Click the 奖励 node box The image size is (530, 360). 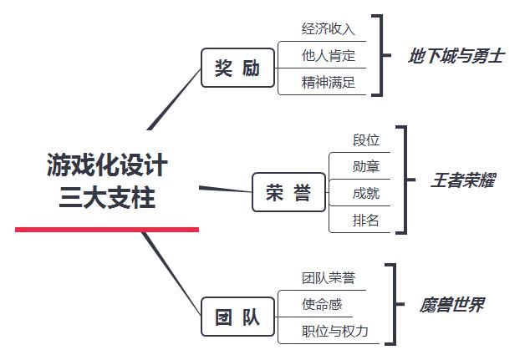pyautogui.click(x=238, y=68)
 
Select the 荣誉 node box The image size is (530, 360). pyautogui.click(x=288, y=193)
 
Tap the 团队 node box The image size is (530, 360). pyautogui.click(x=238, y=317)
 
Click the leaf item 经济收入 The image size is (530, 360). pyautogui.click(x=329, y=29)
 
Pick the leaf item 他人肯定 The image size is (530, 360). pyautogui.click(x=329, y=56)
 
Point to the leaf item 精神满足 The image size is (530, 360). pyautogui.click(x=329, y=83)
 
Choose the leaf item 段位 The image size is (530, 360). pyautogui.click(x=366, y=139)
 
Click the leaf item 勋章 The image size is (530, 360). pyautogui.click(x=366, y=166)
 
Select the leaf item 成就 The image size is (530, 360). pyautogui.click(x=366, y=193)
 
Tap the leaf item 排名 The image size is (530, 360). pyautogui.click(x=366, y=220)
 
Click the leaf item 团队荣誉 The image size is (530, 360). pyautogui.click(x=329, y=278)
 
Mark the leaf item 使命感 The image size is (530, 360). pyautogui.click(x=322, y=304)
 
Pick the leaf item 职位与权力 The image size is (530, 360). pyautogui.click(x=334, y=331)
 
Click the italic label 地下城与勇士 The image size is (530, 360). pyautogui.click(x=456, y=57)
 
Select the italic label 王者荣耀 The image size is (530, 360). pyautogui.click(x=463, y=180)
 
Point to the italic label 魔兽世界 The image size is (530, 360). pyautogui.click(x=451, y=305)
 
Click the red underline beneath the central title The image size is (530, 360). pyautogui.click(x=107, y=229)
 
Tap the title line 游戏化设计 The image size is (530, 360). pyautogui.click(x=107, y=165)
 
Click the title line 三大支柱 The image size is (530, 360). pyautogui.click(x=107, y=198)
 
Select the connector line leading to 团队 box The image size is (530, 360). pyautogui.click(x=171, y=271)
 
